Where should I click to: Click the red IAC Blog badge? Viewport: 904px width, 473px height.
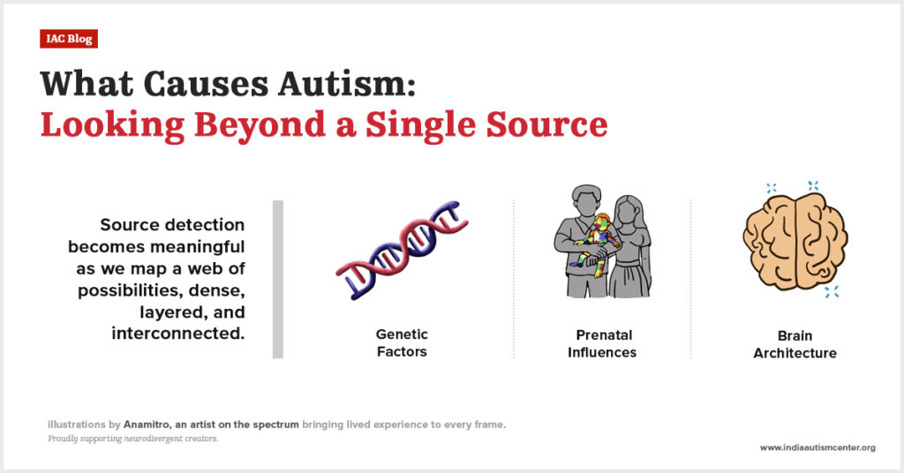pos(69,39)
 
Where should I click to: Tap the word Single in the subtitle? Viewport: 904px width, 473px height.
pos(421,125)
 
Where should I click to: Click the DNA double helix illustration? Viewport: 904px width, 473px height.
pos(402,250)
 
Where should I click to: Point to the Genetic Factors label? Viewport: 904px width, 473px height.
pos(402,342)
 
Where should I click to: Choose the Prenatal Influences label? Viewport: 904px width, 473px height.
pos(602,343)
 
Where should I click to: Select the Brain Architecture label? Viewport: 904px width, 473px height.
pos(795,344)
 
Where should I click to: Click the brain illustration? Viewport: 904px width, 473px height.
pos(795,242)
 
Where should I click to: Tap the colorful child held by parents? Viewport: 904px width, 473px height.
pos(598,244)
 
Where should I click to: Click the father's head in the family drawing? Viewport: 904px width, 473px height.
pos(586,202)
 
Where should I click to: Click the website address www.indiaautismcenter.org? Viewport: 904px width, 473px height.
pos(817,447)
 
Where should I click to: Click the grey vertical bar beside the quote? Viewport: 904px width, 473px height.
pos(278,280)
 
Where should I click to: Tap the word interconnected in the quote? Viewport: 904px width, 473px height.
pos(178,334)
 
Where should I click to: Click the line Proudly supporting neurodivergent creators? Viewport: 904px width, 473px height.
pos(133,439)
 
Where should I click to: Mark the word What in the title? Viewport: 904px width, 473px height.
pos(87,84)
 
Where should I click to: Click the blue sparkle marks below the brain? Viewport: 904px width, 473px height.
pos(832,291)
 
